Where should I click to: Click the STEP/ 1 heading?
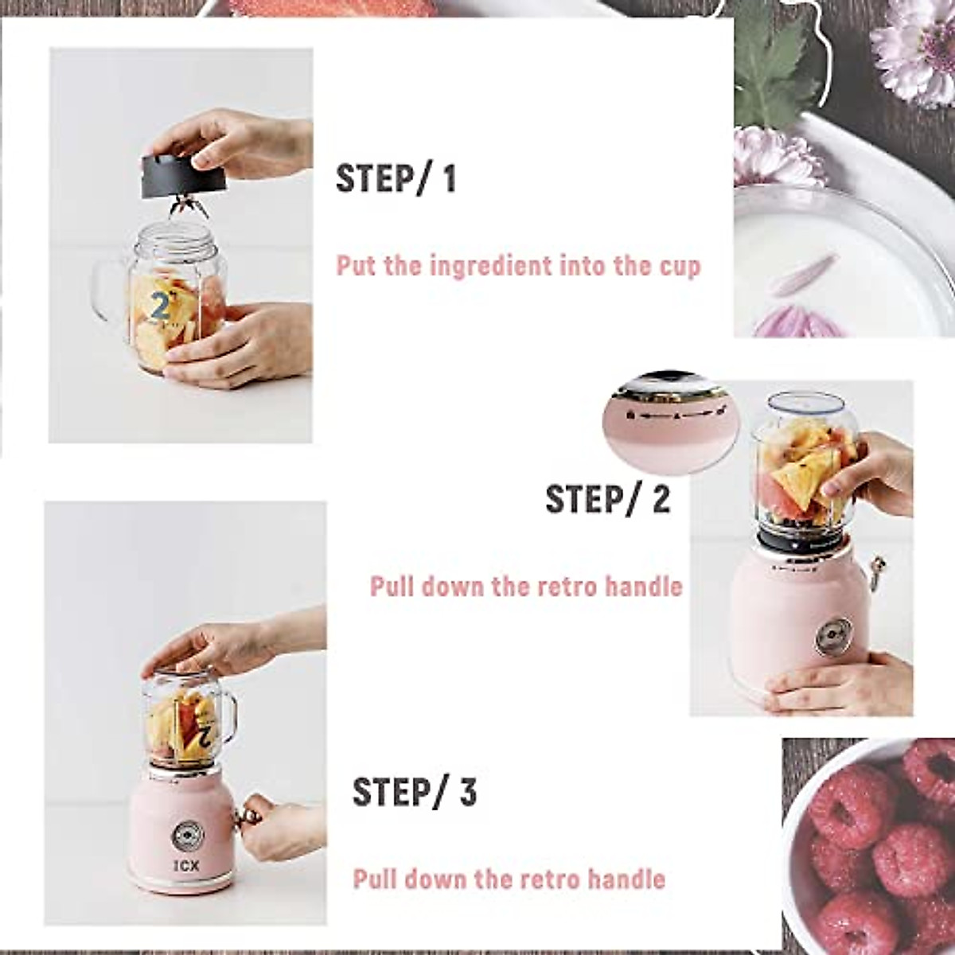396,178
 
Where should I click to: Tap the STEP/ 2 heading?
607,500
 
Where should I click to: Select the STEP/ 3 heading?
414,793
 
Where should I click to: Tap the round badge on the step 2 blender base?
833,633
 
